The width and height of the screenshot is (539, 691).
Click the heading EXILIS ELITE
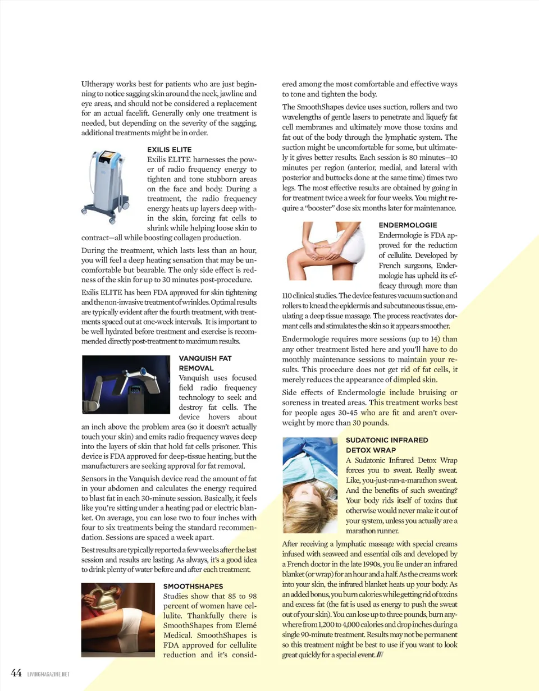click(x=169, y=150)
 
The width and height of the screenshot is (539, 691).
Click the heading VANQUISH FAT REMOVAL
click(x=204, y=363)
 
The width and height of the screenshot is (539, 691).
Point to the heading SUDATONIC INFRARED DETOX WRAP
click(x=386, y=445)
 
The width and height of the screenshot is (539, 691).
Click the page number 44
click(x=16, y=672)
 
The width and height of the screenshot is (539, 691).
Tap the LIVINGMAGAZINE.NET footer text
click(x=48, y=674)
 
